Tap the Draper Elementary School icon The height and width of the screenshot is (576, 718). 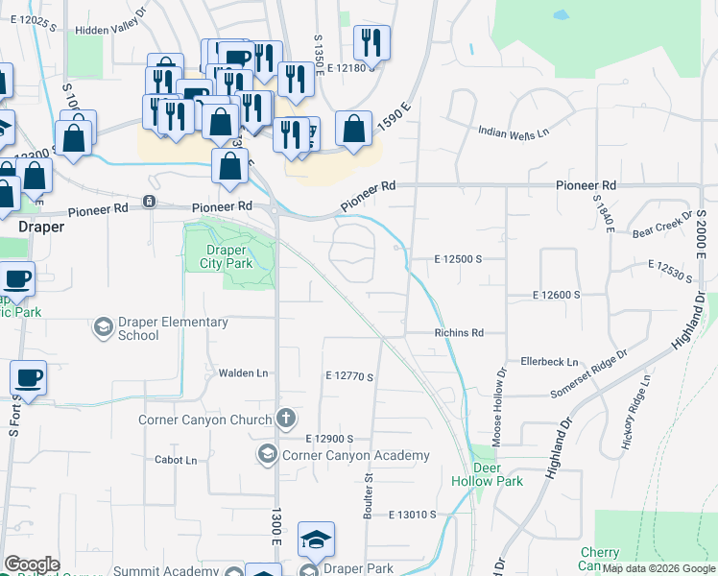[102, 328]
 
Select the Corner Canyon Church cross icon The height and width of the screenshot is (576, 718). [285, 419]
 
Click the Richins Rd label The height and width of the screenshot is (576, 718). [457, 332]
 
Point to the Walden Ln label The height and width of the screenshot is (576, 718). [242, 372]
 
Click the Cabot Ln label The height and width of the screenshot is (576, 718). [176, 460]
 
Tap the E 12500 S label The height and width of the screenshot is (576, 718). [457, 259]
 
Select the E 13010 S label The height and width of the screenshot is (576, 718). [414, 516]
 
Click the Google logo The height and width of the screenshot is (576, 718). [33, 564]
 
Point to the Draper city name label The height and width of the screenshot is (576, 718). [41, 227]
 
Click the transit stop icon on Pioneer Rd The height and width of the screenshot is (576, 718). [149, 201]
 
